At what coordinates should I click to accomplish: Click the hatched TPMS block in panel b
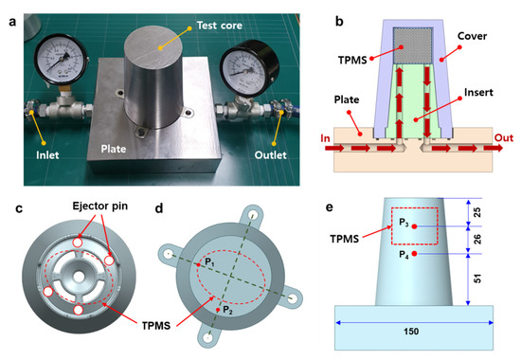[412, 45]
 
